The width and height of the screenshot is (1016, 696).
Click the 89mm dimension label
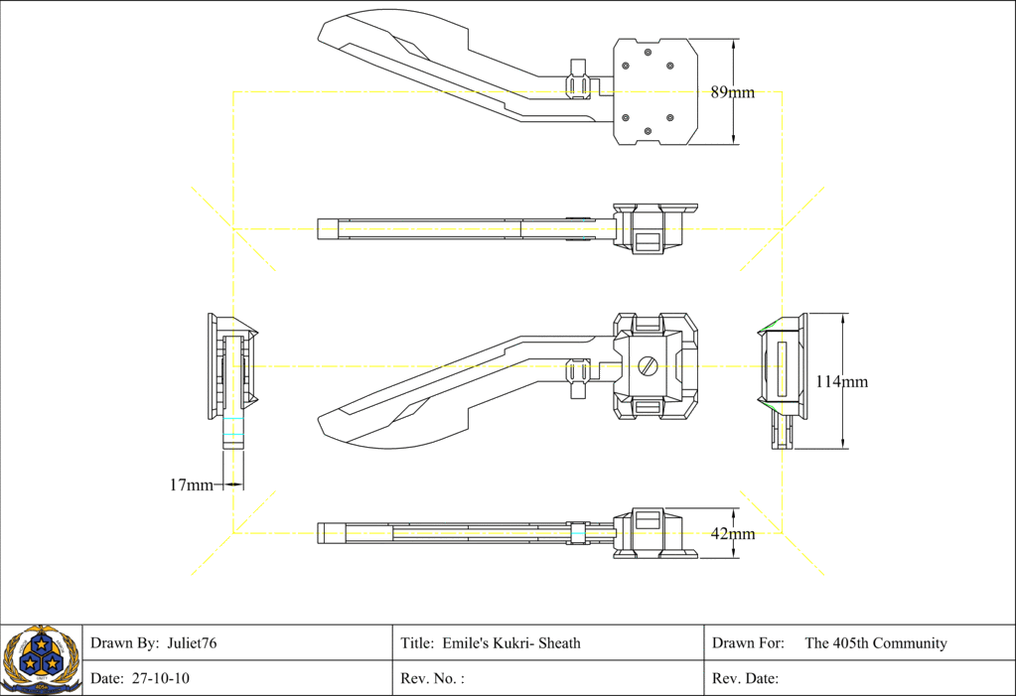pos(732,92)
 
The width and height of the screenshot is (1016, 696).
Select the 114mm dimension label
pos(841,381)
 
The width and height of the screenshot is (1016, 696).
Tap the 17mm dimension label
pos(191,485)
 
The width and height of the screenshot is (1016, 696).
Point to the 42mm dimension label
pos(732,534)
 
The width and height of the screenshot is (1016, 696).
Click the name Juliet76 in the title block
pos(192,643)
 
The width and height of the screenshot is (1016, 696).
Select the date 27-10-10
pos(160,679)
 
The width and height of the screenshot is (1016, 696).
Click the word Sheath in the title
pos(559,643)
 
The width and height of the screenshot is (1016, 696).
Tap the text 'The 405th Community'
pos(875,643)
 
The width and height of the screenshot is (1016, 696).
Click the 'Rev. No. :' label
pos(432,679)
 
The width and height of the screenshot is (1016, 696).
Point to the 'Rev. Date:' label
pos(745,679)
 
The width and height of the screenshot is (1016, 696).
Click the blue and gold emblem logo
pos(40,660)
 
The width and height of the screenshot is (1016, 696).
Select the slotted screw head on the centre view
pos(649,366)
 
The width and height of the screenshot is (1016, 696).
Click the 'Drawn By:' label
pos(124,643)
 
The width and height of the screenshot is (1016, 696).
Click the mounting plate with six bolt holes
pos(653,92)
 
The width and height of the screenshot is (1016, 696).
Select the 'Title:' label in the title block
pos(416,643)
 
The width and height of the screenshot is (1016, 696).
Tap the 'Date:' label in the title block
pos(106,679)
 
